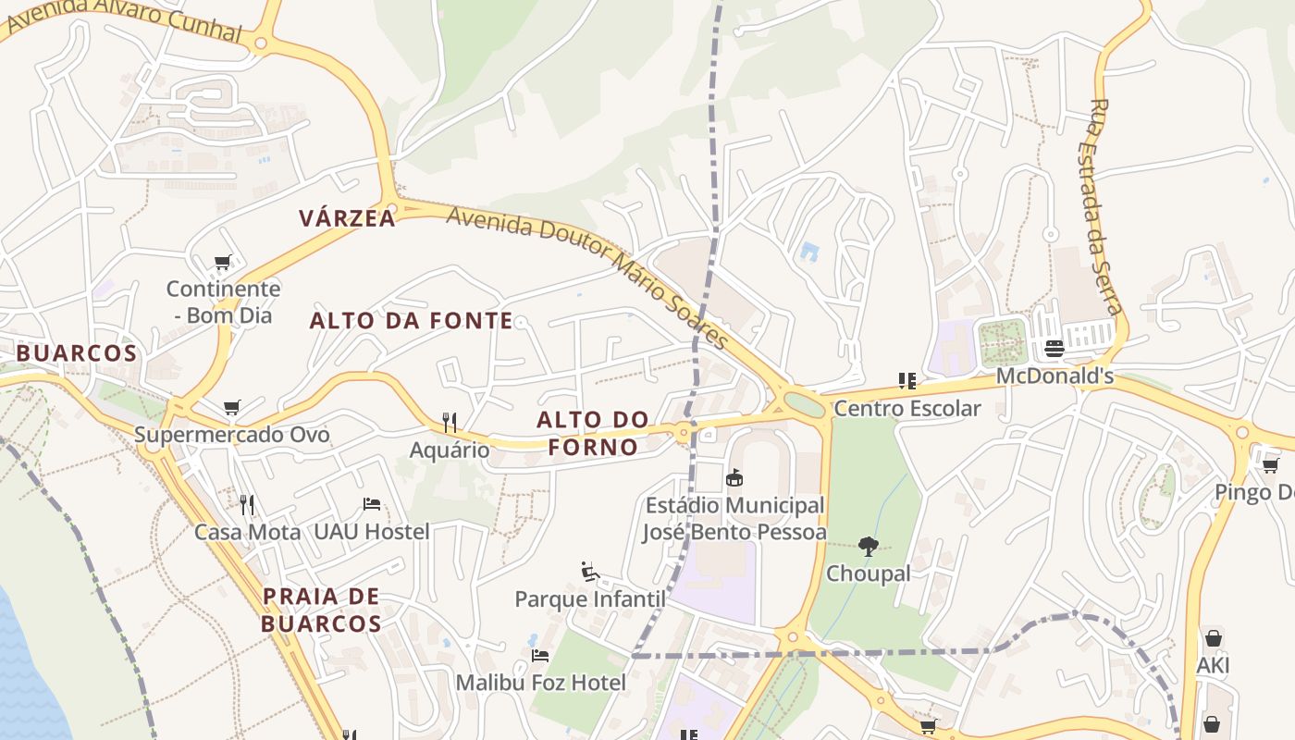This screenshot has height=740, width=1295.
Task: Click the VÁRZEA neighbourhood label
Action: (347, 218)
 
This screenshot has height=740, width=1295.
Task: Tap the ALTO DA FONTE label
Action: (411, 321)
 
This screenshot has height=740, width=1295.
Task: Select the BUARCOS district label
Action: (77, 353)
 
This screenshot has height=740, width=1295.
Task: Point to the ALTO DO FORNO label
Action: (593, 433)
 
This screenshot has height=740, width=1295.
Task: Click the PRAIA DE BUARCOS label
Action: (321, 610)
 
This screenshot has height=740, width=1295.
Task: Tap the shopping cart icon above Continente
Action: (222, 263)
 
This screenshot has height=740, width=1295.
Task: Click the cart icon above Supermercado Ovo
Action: (232, 407)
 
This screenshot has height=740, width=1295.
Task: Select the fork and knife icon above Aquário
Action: (450, 423)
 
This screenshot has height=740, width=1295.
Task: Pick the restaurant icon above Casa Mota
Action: (247, 504)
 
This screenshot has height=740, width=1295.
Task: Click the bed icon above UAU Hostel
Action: (372, 504)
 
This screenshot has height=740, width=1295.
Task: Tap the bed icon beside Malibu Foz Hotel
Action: (540, 655)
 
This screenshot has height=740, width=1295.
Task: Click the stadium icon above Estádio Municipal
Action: (734, 477)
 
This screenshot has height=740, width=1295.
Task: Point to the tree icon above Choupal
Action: (868, 547)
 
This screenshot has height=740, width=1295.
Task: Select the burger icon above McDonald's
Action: (1054, 349)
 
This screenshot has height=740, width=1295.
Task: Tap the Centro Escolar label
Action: (906, 408)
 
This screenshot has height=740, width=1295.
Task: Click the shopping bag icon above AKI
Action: (1213, 638)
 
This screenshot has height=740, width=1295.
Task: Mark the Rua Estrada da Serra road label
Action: (1104, 206)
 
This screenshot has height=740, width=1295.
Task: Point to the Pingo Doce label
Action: (1254, 492)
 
